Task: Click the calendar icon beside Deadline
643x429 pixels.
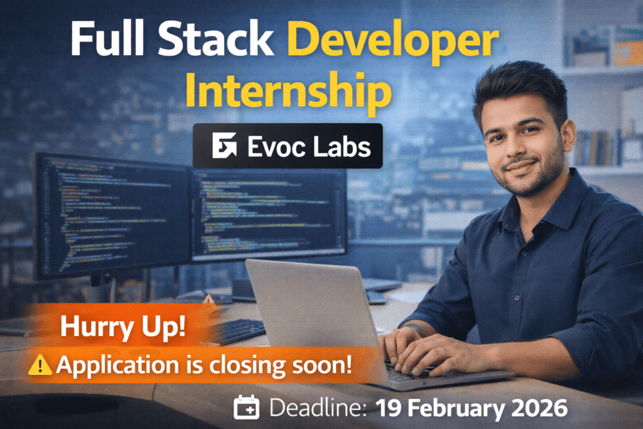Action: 247,408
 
